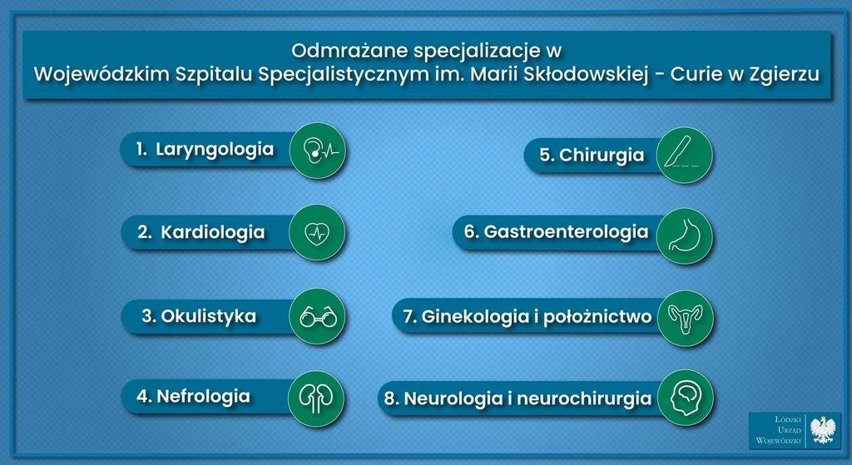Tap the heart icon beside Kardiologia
tap(317, 233)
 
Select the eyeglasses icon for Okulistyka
tap(318, 316)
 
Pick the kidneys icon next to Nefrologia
tap(316, 398)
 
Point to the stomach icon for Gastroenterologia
tap(685, 236)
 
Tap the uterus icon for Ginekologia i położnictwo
tap(686, 319)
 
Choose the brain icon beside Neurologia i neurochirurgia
tap(686, 398)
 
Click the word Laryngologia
tap(215, 150)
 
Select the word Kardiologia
tap(213, 233)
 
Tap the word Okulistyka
tap(208, 316)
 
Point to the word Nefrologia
tap(203, 397)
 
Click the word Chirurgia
tap(602, 155)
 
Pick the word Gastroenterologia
tap(566, 232)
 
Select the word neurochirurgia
tap(584, 398)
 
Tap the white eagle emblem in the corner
tap(822, 430)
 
